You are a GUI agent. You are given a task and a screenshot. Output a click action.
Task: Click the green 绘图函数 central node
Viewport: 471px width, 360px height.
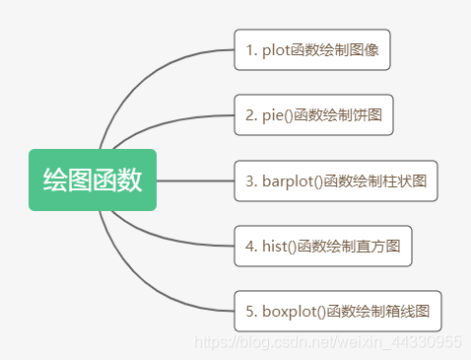(93, 180)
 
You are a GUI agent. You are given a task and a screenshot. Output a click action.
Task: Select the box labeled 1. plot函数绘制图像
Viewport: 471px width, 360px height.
(311, 49)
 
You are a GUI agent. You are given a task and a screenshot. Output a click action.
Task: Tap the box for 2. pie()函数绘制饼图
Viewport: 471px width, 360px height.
(313, 115)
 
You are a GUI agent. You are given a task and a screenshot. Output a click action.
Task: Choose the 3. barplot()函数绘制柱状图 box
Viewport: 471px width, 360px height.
(335, 180)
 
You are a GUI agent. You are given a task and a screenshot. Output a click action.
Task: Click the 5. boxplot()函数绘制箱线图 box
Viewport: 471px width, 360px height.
(337, 312)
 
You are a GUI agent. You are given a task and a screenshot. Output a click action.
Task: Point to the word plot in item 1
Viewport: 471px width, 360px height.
(277, 49)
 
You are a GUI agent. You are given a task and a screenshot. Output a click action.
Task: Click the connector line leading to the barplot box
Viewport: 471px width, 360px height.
(195, 180)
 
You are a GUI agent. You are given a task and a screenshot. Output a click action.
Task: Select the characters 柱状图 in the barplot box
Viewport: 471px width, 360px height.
(407, 180)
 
